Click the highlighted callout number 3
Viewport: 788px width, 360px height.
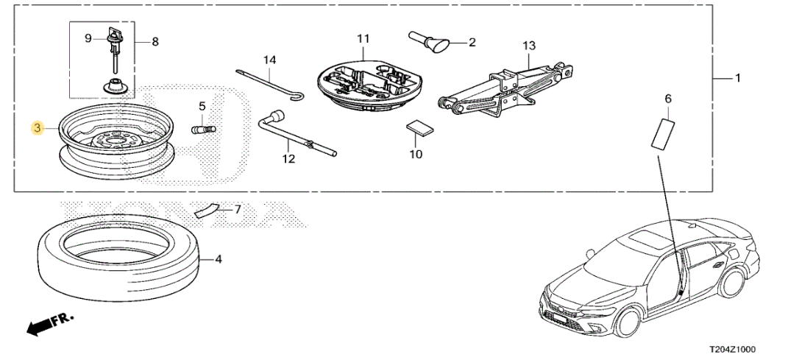pyautogui.click(x=38, y=129)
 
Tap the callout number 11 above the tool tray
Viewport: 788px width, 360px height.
pyautogui.click(x=363, y=39)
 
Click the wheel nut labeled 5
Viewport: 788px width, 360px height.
pyautogui.click(x=204, y=130)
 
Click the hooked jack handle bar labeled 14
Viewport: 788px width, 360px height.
pyautogui.click(x=270, y=85)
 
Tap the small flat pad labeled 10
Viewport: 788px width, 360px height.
pyautogui.click(x=419, y=128)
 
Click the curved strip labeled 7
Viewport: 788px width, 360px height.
pyautogui.click(x=207, y=210)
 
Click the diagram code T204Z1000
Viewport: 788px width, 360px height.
pyautogui.click(x=732, y=350)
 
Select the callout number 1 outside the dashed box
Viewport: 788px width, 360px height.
pyautogui.click(x=738, y=79)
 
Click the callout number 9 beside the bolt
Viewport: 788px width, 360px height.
pyautogui.click(x=88, y=38)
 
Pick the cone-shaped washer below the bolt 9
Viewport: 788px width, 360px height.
pyautogui.click(x=118, y=86)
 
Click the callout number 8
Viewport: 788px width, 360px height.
pyautogui.click(x=155, y=42)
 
